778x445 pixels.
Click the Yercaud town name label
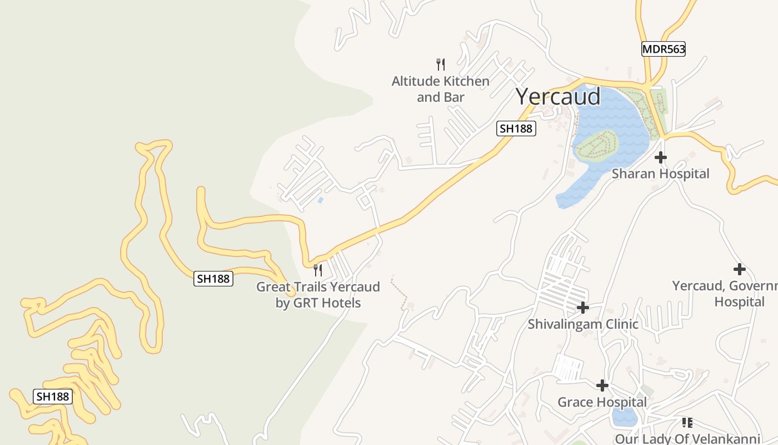click(x=558, y=97)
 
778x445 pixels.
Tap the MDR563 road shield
click(x=664, y=49)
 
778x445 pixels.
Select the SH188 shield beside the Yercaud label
click(x=516, y=129)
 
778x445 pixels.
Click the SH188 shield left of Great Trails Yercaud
click(x=213, y=279)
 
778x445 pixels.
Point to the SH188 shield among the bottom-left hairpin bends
click(x=53, y=397)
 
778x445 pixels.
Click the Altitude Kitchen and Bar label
click(x=441, y=89)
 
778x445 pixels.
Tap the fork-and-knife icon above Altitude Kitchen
click(x=441, y=65)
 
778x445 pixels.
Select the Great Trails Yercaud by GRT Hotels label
click(x=318, y=295)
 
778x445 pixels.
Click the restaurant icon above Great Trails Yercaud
click(x=318, y=270)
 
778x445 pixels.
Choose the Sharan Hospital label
click(x=660, y=174)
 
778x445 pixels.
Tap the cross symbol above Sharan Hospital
click(x=660, y=157)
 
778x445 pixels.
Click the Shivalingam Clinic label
click(x=583, y=324)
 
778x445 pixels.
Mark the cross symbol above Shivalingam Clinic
click(x=583, y=307)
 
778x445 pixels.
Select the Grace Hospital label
click(x=602, y=402)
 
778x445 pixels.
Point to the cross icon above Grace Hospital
click(x=602, y=385)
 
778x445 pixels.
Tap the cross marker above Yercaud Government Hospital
click(x=739, y=269)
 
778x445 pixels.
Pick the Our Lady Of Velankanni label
click(x=687, y=439)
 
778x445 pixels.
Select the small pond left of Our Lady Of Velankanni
click(x=624, y=416)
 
